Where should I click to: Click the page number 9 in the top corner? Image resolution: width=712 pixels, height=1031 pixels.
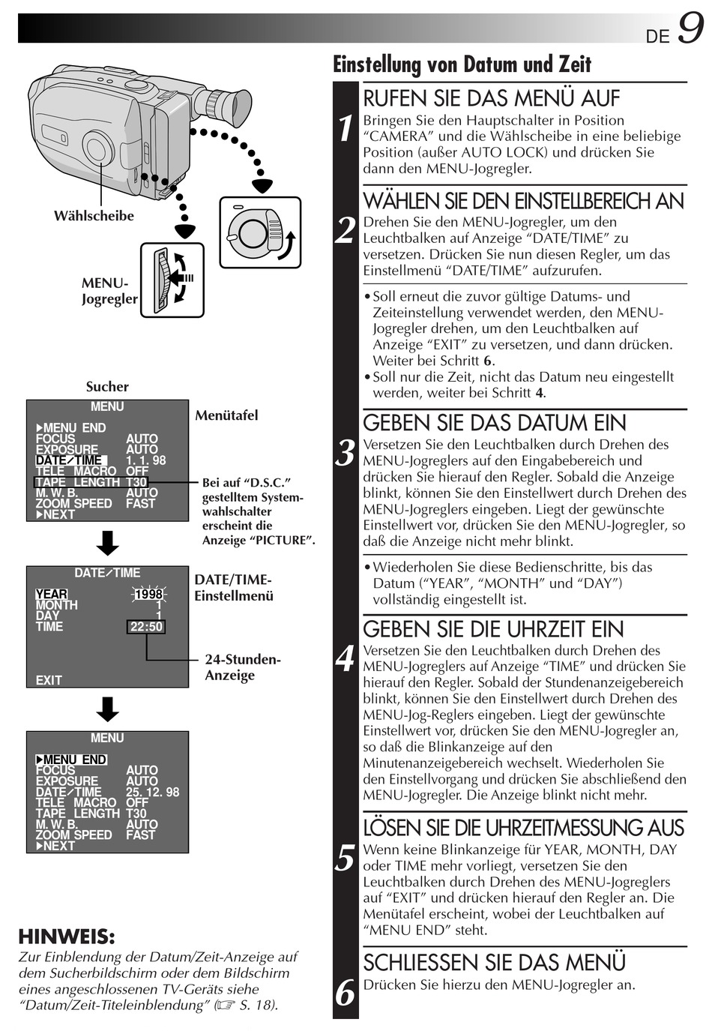[690, 31]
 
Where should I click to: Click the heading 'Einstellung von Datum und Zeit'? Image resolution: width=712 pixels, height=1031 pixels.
[462, 64]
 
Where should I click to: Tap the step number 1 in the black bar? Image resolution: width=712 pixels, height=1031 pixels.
[345, 129]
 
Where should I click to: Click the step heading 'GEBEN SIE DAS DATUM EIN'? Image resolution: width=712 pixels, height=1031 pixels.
[494, 423]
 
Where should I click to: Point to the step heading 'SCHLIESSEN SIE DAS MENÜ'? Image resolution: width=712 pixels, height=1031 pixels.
[494, 963]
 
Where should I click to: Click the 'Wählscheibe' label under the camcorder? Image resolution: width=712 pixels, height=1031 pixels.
[94, 216]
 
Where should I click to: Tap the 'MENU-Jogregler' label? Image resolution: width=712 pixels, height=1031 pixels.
[109, 291]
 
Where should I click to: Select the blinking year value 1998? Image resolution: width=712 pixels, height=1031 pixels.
[148, 595]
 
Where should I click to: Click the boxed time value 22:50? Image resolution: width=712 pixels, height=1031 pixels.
[146, 627]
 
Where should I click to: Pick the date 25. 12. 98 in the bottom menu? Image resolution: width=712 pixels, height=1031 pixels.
[152, 792]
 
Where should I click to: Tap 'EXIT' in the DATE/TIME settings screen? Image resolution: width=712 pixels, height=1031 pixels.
[49, 680]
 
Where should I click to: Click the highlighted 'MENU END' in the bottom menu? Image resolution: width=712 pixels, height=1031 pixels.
[72, 760]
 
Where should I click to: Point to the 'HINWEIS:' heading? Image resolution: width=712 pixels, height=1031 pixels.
[67, 937]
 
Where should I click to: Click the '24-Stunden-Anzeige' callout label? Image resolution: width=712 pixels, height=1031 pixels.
[242, 667]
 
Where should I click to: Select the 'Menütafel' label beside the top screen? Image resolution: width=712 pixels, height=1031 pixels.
[226, 415]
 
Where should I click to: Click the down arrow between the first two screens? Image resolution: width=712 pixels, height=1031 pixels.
[108, 543]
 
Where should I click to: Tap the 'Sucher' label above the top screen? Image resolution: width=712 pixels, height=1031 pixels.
[107, 387]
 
